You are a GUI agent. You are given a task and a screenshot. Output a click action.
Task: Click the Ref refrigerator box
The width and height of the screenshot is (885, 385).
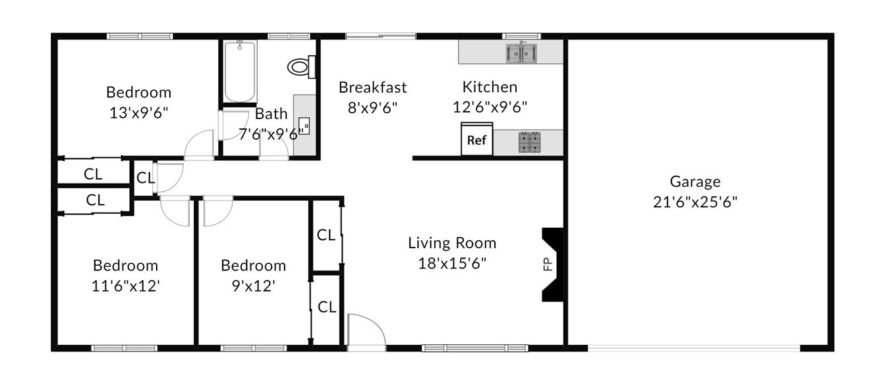[x=477, y=140]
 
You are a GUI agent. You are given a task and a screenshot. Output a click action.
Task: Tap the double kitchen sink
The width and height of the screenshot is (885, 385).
[x=521, y=53]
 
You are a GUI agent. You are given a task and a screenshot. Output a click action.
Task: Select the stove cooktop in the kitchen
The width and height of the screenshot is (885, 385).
[x=529, y=142]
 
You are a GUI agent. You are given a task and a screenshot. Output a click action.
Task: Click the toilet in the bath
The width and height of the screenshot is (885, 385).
[x=301, y=66]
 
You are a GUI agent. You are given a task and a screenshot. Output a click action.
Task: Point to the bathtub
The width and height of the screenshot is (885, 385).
[x=240, y=71]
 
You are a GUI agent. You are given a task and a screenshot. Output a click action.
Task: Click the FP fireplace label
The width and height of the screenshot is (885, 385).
[x=548, y=265]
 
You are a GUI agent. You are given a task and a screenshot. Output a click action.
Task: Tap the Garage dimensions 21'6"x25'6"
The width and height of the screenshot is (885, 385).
[x=695, y=202]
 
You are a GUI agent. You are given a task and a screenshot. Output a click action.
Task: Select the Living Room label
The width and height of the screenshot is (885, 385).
[x=452, y=243]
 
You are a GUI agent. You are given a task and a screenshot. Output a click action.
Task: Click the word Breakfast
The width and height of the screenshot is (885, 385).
[x=372, y=87]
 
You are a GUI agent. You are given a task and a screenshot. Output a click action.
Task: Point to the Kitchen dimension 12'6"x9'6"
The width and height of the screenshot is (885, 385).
[x=490, y=107]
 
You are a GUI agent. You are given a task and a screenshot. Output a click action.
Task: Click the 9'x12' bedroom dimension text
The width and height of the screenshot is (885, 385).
[x=253, y=286]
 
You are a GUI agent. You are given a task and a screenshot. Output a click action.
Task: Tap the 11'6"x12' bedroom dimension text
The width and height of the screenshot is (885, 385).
[x=126, y=286]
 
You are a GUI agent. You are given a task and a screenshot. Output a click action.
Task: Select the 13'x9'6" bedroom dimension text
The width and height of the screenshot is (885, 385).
[x=138, y=113]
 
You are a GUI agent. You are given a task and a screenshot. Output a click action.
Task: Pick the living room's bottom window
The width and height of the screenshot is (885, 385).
[x=474, y=348]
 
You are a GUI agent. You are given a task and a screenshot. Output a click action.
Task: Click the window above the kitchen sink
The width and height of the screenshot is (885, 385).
[x=521, y=36]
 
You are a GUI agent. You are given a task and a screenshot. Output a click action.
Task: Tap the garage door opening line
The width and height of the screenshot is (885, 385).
[x=694, y=348]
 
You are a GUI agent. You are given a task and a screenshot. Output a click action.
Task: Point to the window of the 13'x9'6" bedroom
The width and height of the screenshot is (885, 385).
[x=140, y=36]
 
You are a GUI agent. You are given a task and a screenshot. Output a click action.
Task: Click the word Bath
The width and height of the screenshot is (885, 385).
[x=271, y=114]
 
